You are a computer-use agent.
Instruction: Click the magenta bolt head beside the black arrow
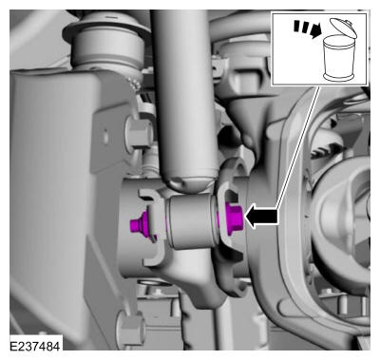point(234,218)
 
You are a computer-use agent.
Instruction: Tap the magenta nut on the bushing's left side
point(140,224)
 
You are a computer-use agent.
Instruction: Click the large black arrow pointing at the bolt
point(261,217)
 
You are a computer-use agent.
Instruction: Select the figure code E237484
point(35,346)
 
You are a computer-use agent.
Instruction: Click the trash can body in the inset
point(338,58)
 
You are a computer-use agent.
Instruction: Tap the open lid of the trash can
point(343,28)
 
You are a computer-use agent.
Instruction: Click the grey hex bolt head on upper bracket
point(138,131)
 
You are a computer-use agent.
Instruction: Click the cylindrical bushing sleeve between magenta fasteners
point(190,221)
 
